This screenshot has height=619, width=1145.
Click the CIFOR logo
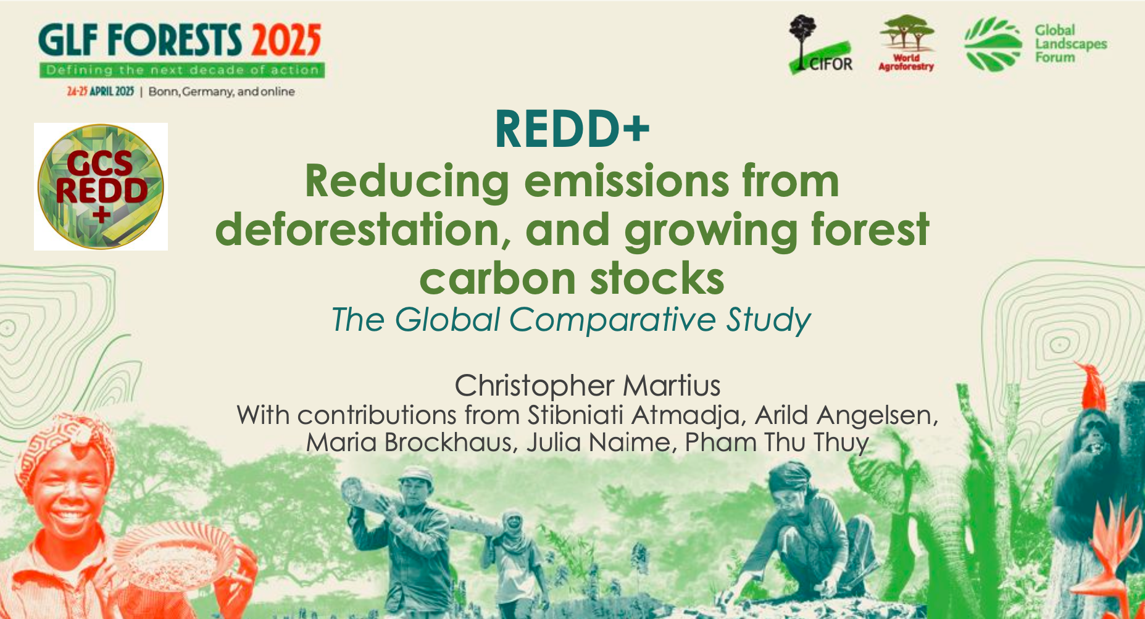tap(820, 44)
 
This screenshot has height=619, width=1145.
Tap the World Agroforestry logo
tap(906, 43)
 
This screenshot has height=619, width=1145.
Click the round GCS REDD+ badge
tap(101, 186)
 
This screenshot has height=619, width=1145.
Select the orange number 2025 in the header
tap(286, 41)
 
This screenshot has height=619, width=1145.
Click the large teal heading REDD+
tap(572, 129)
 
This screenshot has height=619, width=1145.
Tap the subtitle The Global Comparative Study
tap(571, 320)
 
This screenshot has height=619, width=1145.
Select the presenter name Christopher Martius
tap(588, 386)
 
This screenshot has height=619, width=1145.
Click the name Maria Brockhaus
tap(412, 442)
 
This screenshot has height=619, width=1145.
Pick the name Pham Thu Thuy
tap(777, 442)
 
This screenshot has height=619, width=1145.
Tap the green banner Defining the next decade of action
tap(182, 70)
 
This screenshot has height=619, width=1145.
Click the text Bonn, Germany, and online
tap(222, 92)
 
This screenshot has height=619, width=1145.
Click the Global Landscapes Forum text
tap(1070, 44)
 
